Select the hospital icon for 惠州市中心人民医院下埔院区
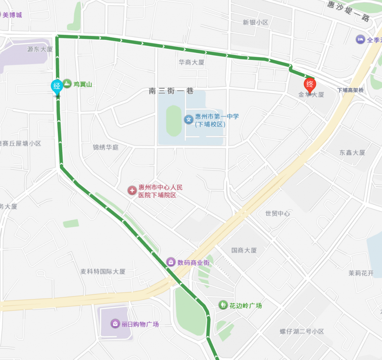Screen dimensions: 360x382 132,191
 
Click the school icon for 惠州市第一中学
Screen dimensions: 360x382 189,120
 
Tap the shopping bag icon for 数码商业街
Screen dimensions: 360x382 171,262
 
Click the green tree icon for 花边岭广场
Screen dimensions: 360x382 223,305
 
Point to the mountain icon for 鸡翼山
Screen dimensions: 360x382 67,84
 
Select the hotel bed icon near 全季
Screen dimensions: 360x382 360,39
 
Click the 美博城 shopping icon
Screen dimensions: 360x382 1,15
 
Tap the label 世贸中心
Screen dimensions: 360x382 278,214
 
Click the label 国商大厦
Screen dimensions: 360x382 244,250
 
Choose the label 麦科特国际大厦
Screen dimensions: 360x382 103,271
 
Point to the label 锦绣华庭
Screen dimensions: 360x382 106,147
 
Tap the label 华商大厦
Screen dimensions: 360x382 192,62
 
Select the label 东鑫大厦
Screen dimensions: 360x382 352,152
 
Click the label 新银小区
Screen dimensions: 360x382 256,22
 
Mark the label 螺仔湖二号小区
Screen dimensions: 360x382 302,331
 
